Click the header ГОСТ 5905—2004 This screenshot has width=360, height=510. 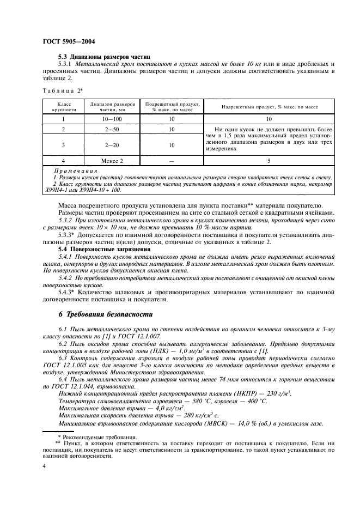pos(64,41)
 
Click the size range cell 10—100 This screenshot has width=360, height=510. pos(111,118)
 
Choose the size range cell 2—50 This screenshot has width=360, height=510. pos(111,130)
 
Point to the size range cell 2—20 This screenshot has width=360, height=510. pos(111,145)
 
